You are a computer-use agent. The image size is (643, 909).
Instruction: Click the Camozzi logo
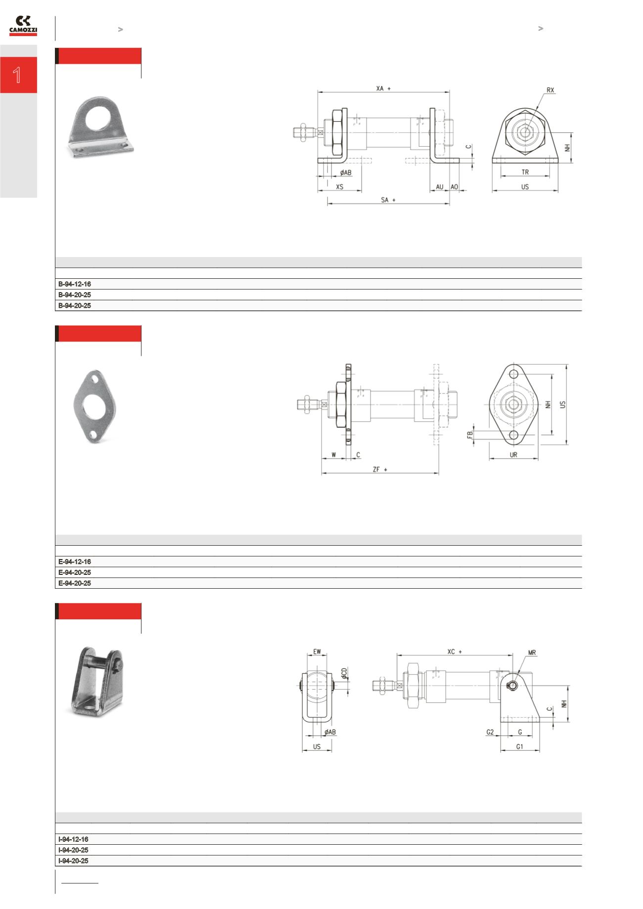point(23,26)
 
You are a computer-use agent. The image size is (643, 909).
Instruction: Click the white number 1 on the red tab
point(17,75)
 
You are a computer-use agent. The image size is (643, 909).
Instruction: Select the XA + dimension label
point(383,88)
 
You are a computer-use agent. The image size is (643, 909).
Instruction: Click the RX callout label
point(551,90)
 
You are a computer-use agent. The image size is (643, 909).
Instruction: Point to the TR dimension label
point(525,173)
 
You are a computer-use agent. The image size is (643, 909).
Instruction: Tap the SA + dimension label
point(388,200)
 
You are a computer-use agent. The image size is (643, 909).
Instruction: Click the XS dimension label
point(339,187)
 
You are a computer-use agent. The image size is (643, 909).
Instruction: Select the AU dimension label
point(439,187)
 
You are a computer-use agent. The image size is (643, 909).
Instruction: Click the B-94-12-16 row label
point(75,284)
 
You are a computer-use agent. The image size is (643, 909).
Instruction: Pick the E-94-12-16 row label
point(75,562)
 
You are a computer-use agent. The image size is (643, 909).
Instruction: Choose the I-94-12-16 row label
point(73,839)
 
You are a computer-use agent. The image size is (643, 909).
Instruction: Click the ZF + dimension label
point(379,470)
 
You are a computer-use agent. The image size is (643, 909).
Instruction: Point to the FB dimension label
point(470,434)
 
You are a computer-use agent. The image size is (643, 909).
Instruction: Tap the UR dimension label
point(513,455)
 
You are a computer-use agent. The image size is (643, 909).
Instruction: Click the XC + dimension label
point(454,652)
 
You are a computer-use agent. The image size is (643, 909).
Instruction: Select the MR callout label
point(532,653)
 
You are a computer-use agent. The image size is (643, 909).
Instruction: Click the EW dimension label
point(317,652)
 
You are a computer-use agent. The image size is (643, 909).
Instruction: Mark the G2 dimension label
point(490,732)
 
